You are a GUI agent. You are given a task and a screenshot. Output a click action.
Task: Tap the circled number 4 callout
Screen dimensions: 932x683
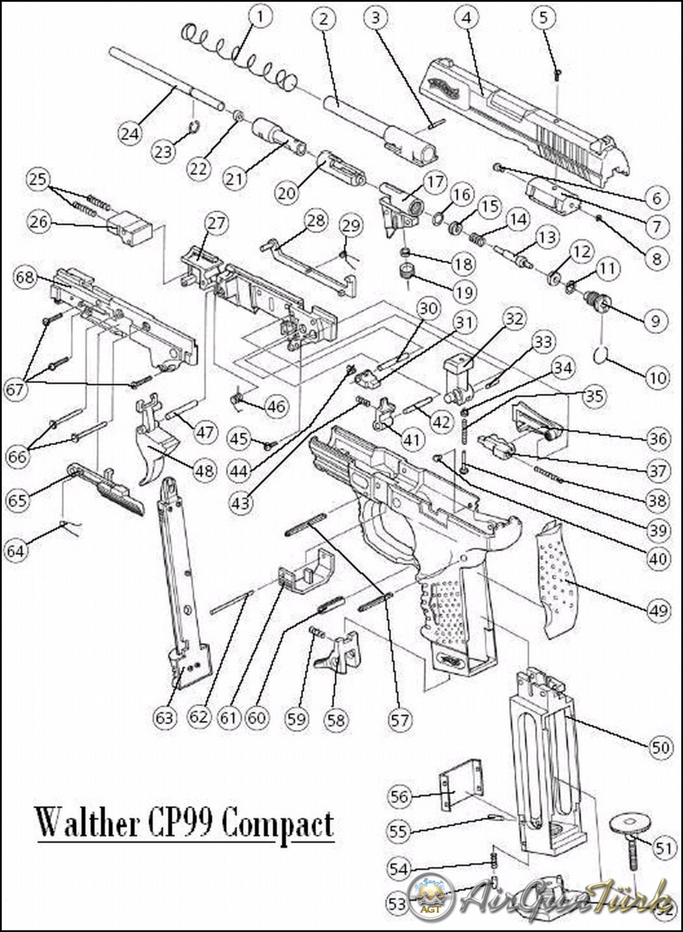(466, 17)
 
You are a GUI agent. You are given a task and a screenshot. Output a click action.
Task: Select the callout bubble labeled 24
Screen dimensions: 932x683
(130, 133)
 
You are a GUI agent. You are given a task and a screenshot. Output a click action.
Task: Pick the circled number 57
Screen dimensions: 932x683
(400, 720)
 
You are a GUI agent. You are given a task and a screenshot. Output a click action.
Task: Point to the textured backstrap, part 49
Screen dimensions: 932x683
(561, 580)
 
